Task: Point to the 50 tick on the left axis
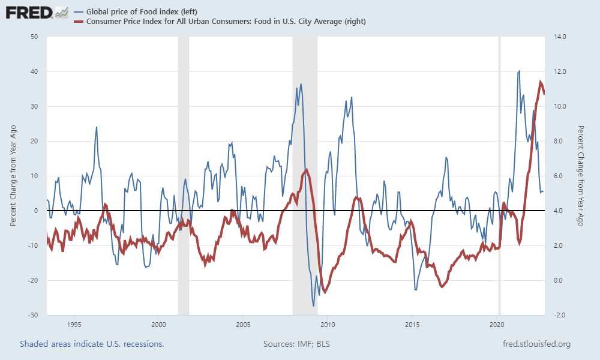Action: [34, 37]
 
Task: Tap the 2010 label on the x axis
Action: [327, 325]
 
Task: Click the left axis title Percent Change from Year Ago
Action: [13, 176]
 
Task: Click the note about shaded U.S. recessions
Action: [92, 344]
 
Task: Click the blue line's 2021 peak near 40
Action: [519, 71]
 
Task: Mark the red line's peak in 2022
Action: [541, 82]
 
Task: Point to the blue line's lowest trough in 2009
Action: [314, 306]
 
